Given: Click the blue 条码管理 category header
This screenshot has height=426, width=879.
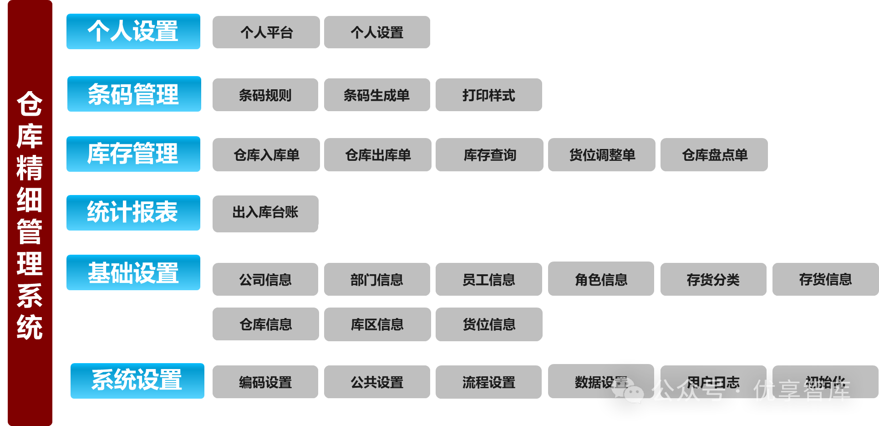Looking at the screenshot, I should pos(134,94).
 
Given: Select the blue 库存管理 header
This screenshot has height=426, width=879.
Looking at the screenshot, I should pos(133,154).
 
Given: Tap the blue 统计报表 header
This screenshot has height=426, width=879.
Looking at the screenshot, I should pos(133,213).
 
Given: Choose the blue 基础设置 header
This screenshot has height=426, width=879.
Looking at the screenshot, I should pos(133,272).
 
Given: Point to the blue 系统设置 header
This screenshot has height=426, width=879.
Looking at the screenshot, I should pos(137,381).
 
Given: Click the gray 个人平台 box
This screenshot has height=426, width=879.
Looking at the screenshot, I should pos(266,32).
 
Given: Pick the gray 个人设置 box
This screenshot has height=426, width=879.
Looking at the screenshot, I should pos(377,32).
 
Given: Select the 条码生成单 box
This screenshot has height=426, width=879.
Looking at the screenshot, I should pos(377,95).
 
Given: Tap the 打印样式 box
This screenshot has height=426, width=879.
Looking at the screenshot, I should pos(488,95).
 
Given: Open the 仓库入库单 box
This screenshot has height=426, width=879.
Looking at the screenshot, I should pos(266,155).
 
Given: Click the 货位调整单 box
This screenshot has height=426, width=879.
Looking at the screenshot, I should pos(601,155).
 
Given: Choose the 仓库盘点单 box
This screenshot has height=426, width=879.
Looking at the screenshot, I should pos(714,155).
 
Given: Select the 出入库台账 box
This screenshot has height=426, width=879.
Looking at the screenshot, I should pos(265,213).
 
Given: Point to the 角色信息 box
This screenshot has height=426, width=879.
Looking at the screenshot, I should pos(601,279).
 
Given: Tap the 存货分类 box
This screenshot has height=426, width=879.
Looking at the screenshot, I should pos(713,279).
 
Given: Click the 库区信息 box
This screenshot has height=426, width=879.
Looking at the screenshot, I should pos(377,324).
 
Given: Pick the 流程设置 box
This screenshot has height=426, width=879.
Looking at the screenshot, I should pos(488,382).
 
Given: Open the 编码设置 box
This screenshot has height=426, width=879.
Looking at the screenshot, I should pos(265,382).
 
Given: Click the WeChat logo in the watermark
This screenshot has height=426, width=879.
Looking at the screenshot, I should pos(628,391).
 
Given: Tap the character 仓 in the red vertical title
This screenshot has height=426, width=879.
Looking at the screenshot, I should pos(30,104).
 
